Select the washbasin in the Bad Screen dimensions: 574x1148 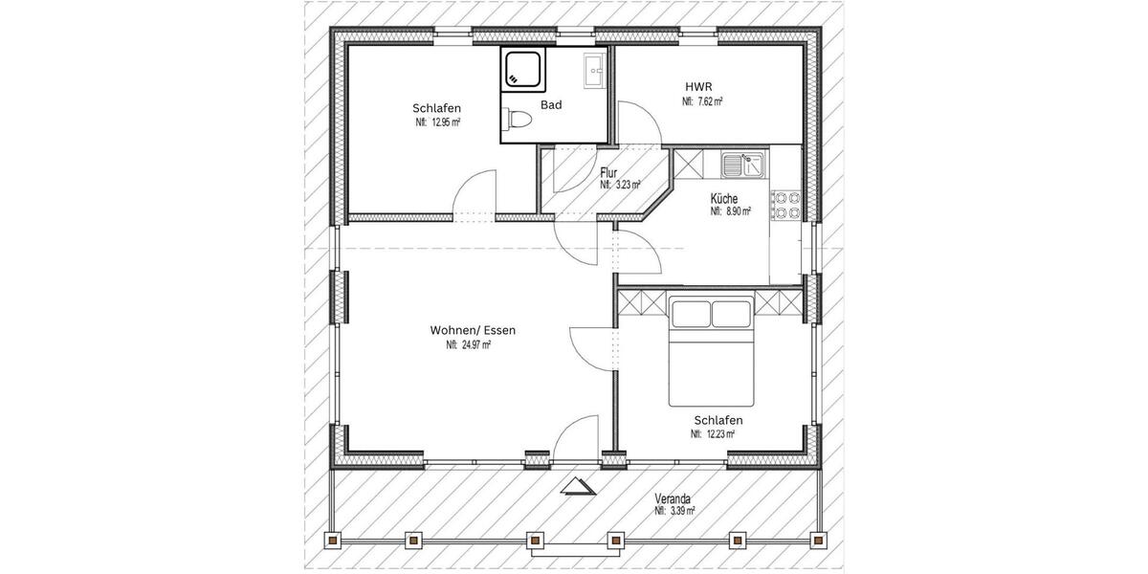coord(593,68)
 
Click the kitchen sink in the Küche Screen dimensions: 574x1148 coord(742,165)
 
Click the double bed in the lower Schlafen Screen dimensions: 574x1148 coord(712,350)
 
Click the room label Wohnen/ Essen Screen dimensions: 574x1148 coord(473,330)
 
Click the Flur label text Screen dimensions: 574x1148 coord(608,173)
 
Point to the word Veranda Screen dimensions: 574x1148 coord(673,498)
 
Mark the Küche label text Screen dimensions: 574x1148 coord(724,199)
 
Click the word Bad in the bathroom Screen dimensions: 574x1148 coord(551,105)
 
